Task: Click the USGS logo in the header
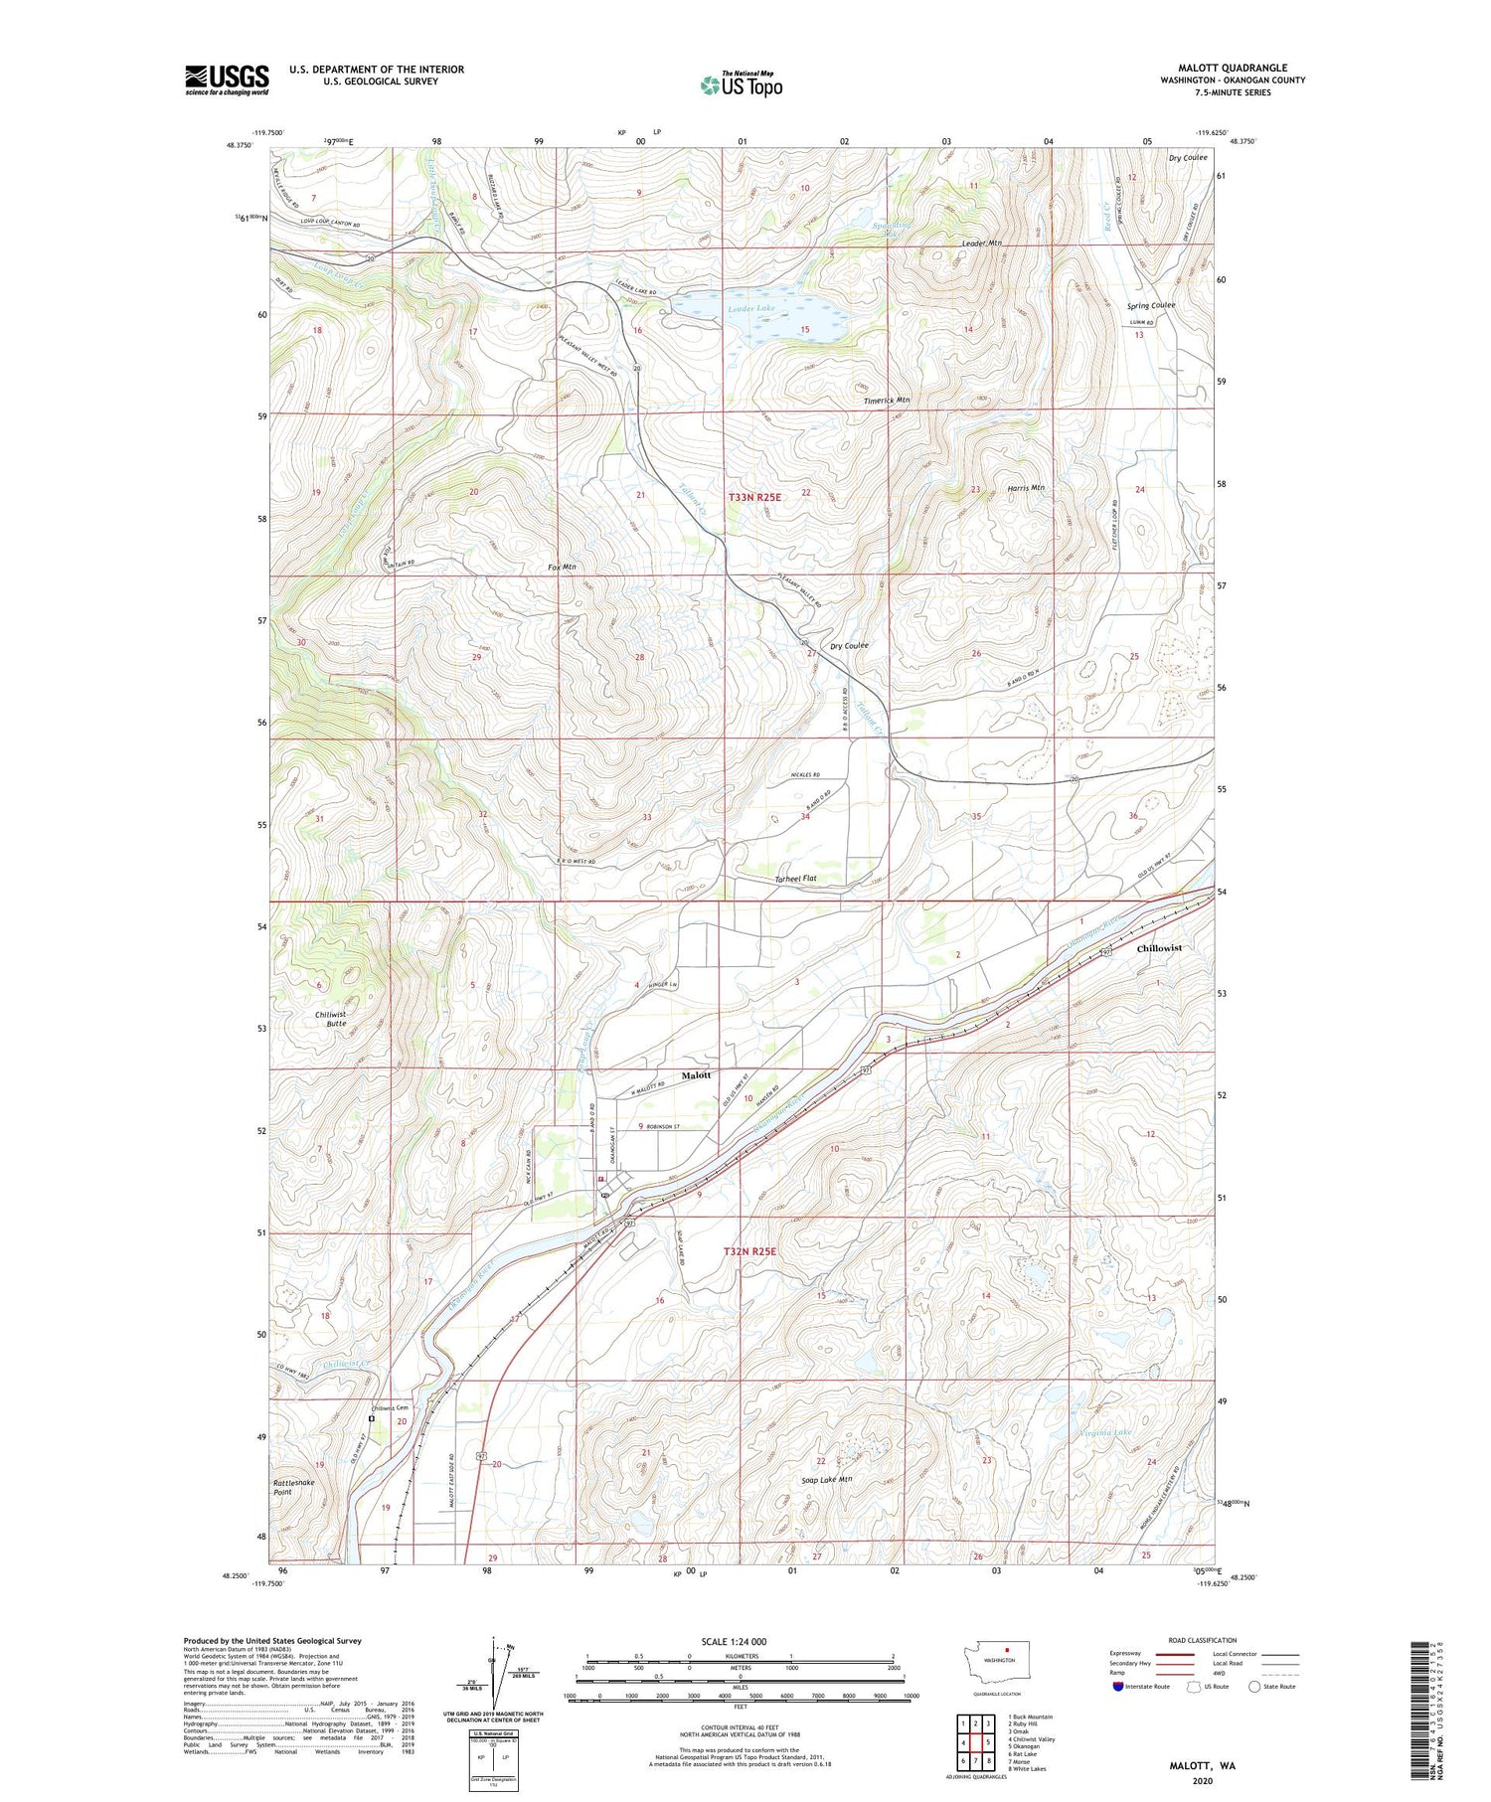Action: (227, 80)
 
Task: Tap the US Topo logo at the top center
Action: (742, 85)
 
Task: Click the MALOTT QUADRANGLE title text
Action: (1232, 68)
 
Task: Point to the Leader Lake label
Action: (750, 309)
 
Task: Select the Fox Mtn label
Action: (562, 567)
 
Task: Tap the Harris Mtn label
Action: (1024, 488)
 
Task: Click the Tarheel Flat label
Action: (795, 879)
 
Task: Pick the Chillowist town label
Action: (1159, 948)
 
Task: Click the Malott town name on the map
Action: (696, 1075)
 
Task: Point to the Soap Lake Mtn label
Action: (826, 1480)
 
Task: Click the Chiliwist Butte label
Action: (324, 1018)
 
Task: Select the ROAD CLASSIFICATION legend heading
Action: (1203, 1640)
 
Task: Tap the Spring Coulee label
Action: (1151, 305)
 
